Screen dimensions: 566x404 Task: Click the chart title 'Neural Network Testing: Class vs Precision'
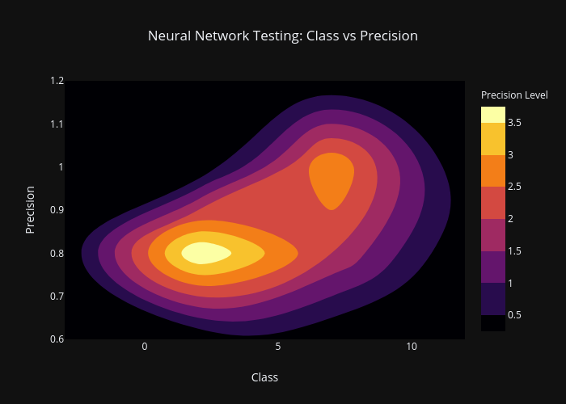[283, 36]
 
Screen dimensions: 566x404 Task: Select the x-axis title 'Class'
[264, 377]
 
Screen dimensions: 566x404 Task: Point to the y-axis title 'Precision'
[30, 210]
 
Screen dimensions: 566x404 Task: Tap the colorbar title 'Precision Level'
[514, 95]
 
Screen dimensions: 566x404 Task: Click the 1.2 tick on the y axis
[57, 81]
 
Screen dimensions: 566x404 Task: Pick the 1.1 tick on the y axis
[57, 124]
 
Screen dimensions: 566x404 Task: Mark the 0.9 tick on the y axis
[57, 210]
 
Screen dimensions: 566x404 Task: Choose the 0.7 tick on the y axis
[57, 297]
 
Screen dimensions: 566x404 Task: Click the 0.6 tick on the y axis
[57, 339]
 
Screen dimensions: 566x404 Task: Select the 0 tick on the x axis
[145, 347]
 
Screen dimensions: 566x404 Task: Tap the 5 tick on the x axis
[277, 347]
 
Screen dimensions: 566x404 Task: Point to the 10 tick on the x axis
[411, 347]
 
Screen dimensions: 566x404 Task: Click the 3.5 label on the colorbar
[514, 123]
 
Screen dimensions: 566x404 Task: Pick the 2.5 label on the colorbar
[514, 187]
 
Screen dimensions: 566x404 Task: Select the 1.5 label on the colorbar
[514, 251]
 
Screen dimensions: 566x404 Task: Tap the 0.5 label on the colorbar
[514, 315]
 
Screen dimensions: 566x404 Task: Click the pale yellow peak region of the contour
[205, 253]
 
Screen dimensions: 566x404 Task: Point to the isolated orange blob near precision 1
[332, 179]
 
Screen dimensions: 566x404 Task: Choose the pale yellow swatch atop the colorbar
[493, 115]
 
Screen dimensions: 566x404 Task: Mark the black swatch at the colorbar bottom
[493, 323]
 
